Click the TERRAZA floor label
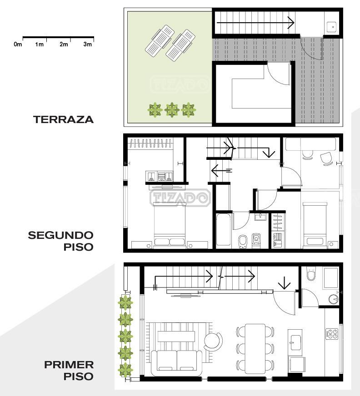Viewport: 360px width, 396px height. [64, 119]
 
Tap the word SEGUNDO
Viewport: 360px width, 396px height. [60, 235]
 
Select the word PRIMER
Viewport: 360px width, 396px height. [69, 365]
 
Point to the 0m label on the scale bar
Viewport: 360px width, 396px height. [18, 45]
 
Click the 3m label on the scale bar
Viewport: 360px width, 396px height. [87, 45]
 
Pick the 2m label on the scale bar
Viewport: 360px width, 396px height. [64, 45]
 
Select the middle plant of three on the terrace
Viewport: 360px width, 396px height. [172, 110]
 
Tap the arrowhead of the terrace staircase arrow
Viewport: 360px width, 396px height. [291, 23]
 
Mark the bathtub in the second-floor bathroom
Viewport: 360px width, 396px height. [224, 230]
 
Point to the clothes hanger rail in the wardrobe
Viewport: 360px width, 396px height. [150, 143]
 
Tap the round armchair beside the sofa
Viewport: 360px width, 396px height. [213, 341]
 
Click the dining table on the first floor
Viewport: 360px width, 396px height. [255, 349]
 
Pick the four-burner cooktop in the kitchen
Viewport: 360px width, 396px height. [332, 334]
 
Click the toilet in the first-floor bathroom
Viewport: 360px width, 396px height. [311, 274]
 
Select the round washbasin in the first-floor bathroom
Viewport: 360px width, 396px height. [334, 299]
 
